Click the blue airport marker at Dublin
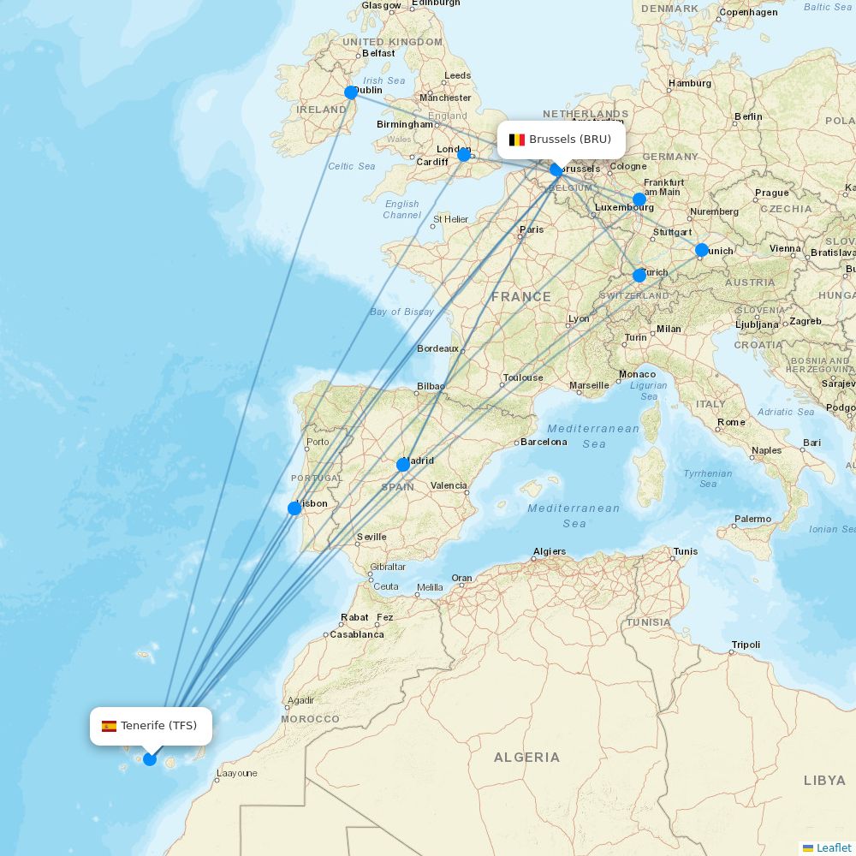click(351, 92)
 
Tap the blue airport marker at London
click(464, 155)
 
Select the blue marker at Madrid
click(403, 465)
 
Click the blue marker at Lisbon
click(294, 508)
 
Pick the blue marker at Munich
click(702, 250)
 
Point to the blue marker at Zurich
click(639, 276)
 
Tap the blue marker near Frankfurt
click(639, 199)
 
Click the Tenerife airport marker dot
click(150, 759)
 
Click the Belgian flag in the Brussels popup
click(517, 140)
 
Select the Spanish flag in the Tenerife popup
click(109, 726)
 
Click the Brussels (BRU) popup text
click(570, 140)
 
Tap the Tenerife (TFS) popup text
click(158, 726)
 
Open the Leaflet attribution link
click(833, 847)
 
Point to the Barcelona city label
click(544, 443)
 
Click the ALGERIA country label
click(526, 758)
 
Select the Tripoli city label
click(746, 645)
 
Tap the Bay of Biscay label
click(401, 312)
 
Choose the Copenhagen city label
click(748, 12)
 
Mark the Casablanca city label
click(357, 634)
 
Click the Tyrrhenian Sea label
click(708, 479)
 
